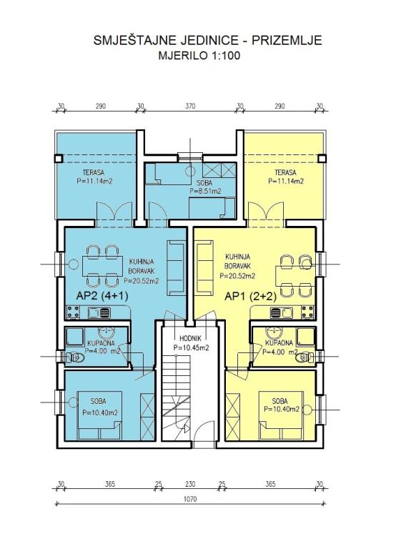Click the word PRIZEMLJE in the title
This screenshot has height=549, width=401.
[287, 40]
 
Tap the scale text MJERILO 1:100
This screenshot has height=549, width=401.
[199, 56]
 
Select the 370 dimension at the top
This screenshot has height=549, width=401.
[190, 106]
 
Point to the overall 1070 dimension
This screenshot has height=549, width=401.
[190, 498]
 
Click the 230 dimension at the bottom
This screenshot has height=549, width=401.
[190, 484]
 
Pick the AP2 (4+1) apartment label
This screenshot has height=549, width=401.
[102, 296]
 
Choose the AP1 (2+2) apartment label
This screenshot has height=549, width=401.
[250, 297]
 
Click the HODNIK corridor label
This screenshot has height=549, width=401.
[190, 339]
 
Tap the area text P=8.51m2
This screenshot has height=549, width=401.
[206, 191]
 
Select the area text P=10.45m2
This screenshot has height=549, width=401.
[192, 347]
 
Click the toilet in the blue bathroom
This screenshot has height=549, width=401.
[75, 357]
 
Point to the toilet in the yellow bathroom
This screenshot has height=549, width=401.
[305, 357]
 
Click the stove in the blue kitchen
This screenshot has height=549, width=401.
[73, 312]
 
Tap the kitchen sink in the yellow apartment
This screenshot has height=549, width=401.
[281, 312]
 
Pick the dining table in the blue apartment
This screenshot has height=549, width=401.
[102, 266]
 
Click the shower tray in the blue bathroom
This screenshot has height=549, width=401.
[74, 337]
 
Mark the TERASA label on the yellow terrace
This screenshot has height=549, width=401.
[285, 172]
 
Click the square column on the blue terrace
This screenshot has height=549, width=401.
[59, 159]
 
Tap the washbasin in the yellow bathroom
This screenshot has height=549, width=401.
[274, 331]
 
